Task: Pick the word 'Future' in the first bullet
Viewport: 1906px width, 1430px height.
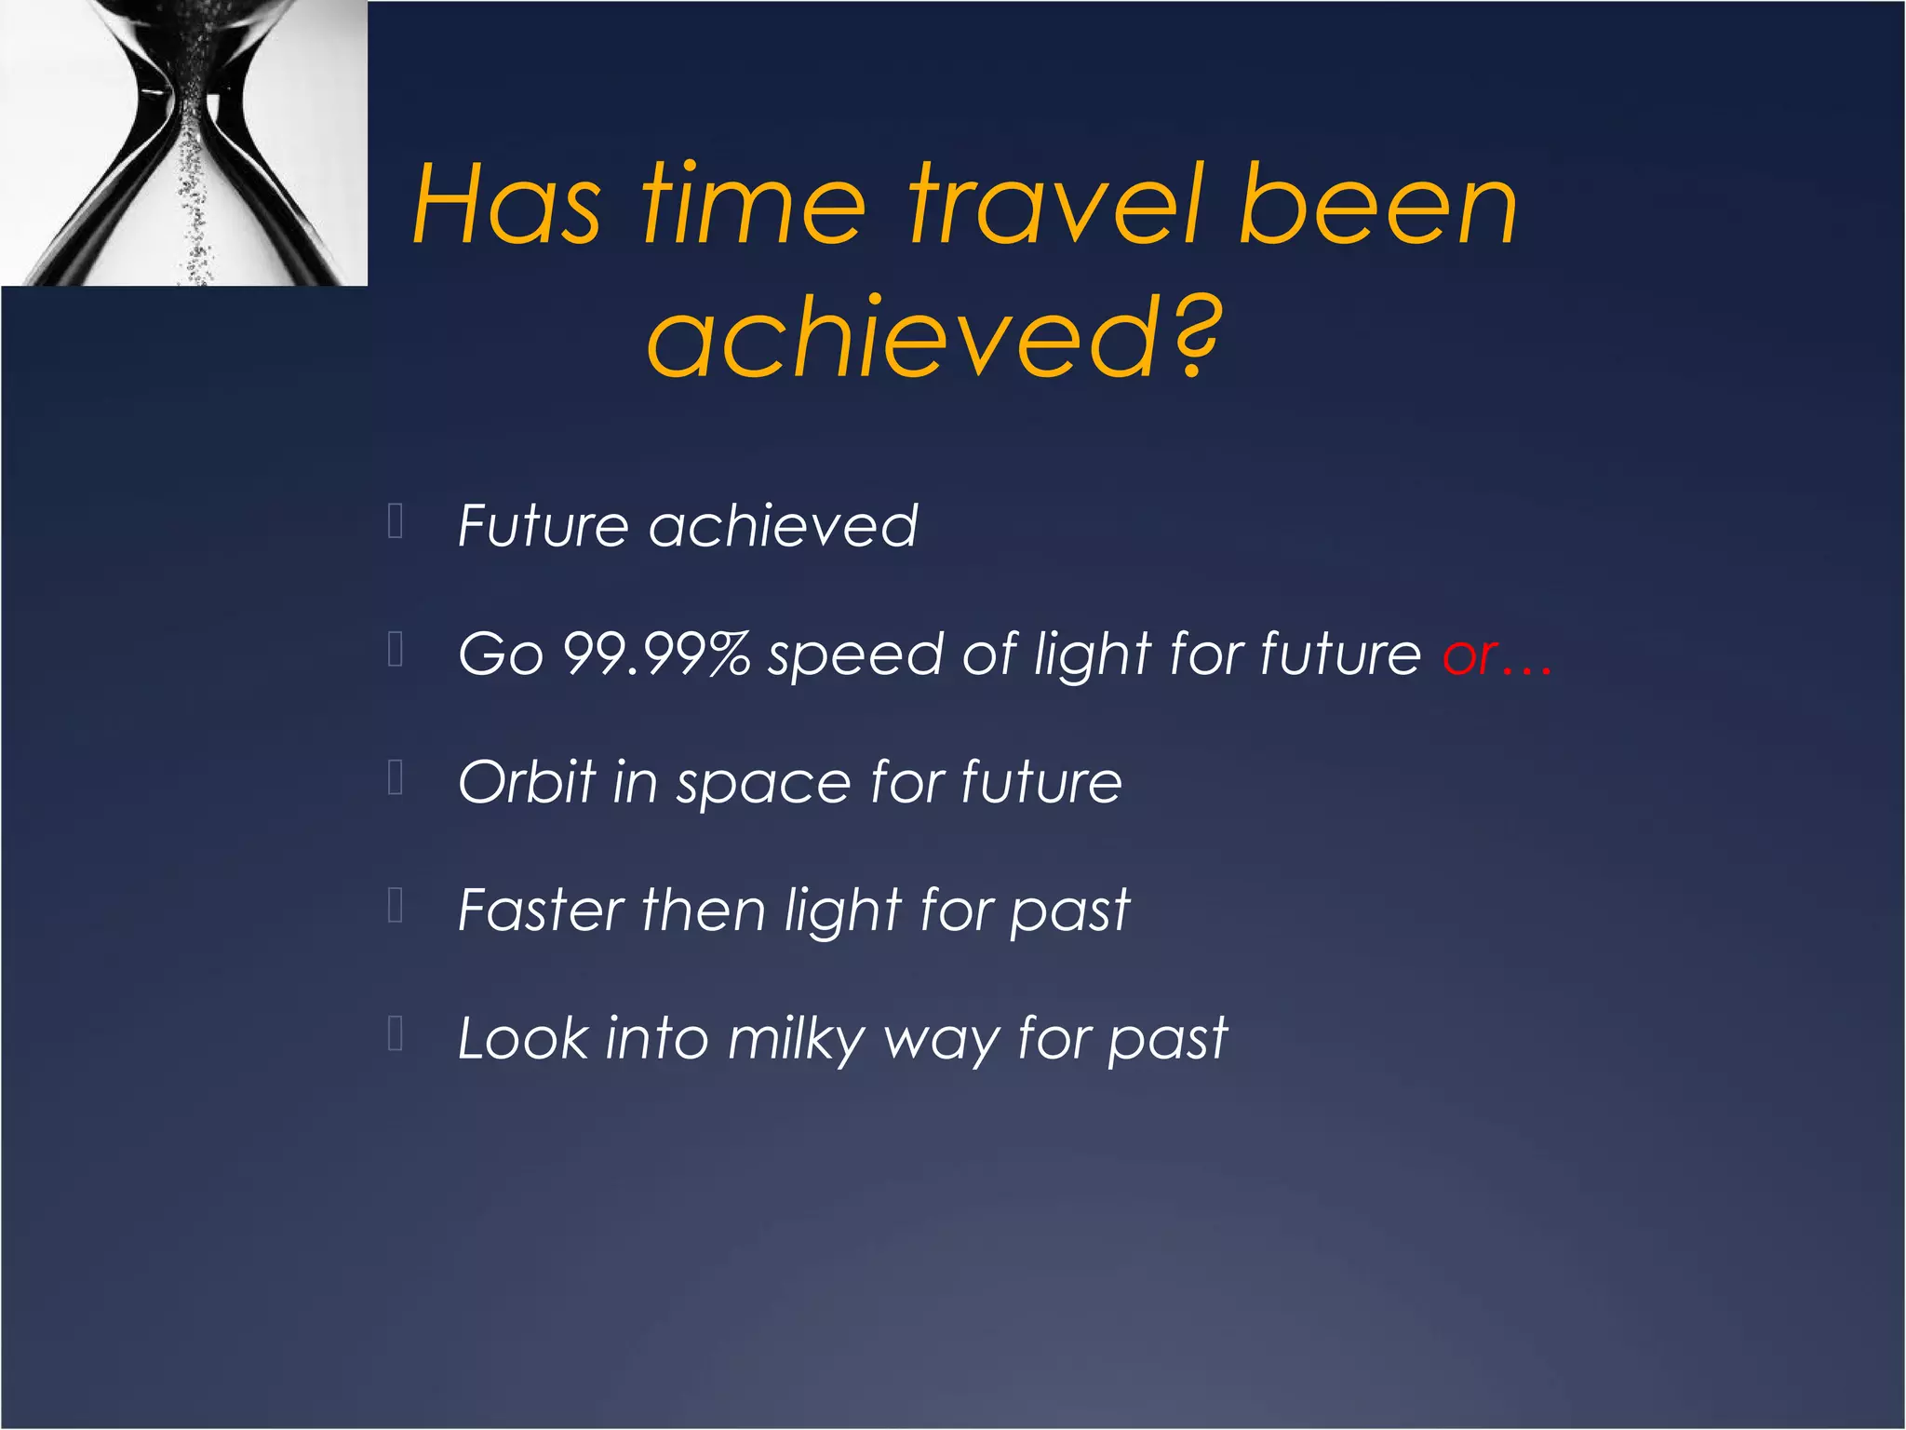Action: click(544, 526)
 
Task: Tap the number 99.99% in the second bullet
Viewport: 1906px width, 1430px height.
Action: click(657, 654)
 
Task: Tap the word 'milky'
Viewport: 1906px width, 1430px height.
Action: click(797, 1041)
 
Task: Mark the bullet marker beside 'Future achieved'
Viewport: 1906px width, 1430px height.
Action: click(395, 522)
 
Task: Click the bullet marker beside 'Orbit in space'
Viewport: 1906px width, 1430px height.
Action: click(395, 777)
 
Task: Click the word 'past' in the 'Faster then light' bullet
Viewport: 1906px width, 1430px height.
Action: click(1070, 914)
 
